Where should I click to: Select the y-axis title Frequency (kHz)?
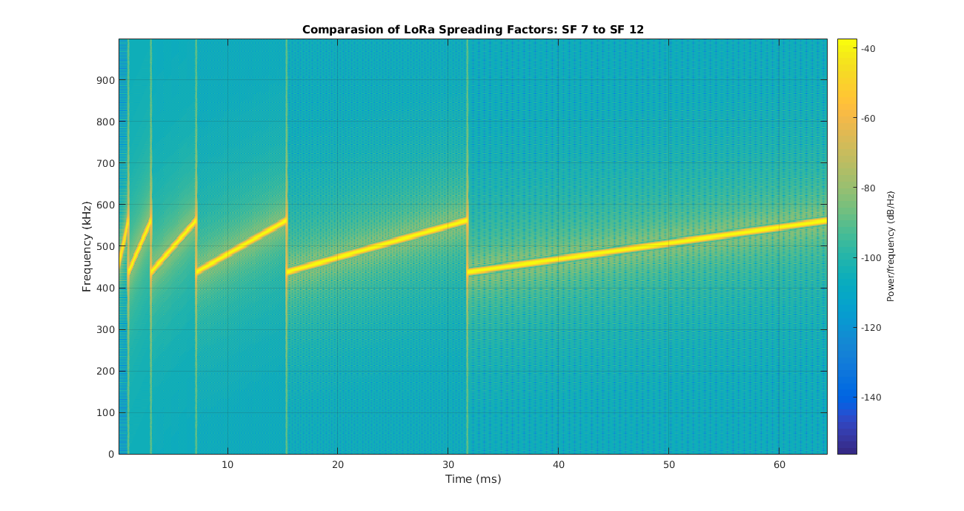(87, 246)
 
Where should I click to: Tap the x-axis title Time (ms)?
(473, 479)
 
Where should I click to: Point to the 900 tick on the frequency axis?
(104, 80)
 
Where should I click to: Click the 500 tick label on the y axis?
(104, 246)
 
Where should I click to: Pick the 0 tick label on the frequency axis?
(110, 454)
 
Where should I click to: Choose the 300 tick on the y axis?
(104, 329)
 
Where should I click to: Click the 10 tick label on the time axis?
(227, 464)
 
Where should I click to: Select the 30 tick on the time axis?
(448, 464)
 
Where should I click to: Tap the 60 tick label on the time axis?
(779, 464)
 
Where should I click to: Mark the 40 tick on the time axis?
(558, 464)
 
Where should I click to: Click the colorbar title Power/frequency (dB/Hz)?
(891, 246)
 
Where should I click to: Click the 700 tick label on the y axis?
(104, 163)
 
